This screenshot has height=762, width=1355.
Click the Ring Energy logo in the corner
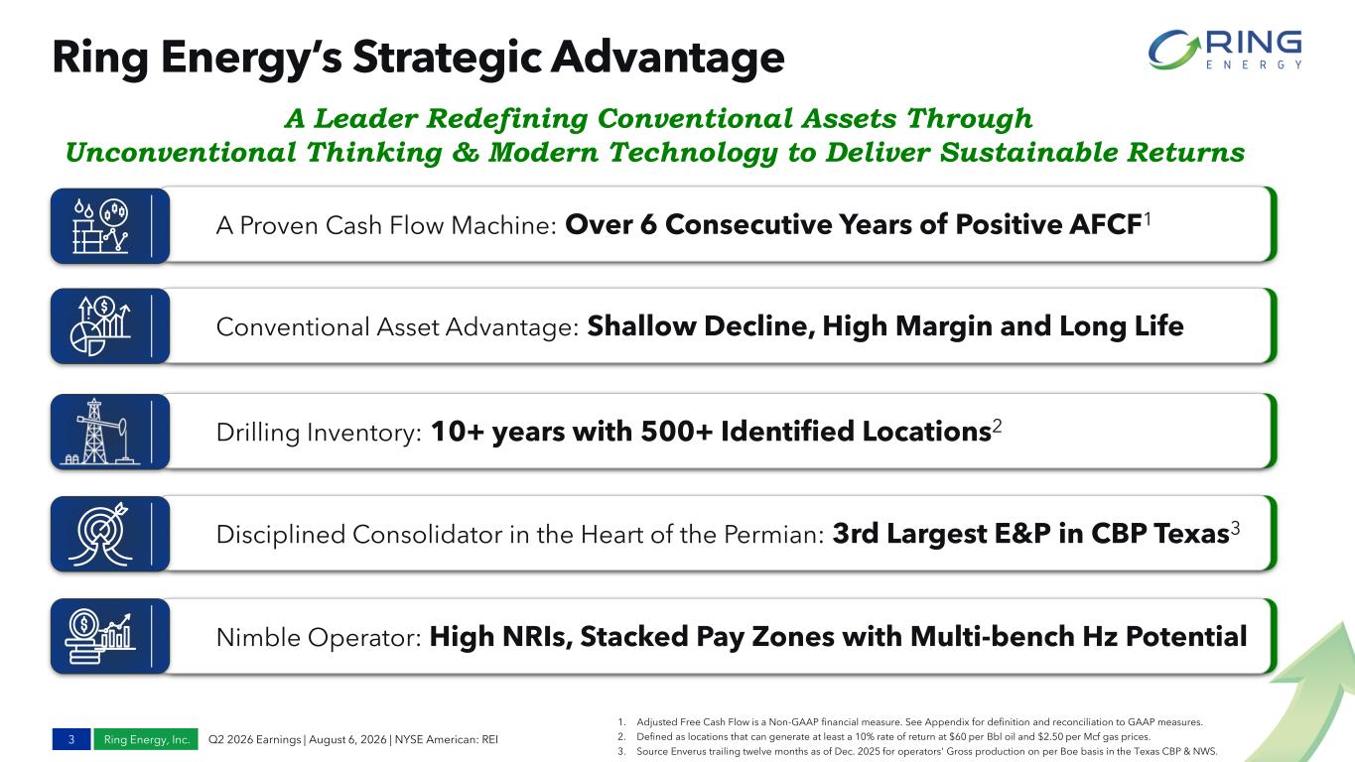[1224, 49]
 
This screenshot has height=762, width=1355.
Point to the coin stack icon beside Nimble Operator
[100, 636]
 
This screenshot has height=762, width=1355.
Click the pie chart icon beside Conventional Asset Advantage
[100, 326]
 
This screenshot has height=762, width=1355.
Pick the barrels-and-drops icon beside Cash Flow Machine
[100, 225]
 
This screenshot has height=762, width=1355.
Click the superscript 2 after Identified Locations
[997, 426]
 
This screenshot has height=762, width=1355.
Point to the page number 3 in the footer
[71, 739]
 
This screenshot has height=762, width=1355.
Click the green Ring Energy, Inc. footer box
[146, 739]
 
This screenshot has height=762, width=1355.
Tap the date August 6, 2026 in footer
[347, 739]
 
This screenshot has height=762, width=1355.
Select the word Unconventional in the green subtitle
[181, 152]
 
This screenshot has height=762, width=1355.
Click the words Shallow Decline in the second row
[701, 326]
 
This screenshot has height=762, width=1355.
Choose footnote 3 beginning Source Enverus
[917, 752]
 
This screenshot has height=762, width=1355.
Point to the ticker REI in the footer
[489, 739]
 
